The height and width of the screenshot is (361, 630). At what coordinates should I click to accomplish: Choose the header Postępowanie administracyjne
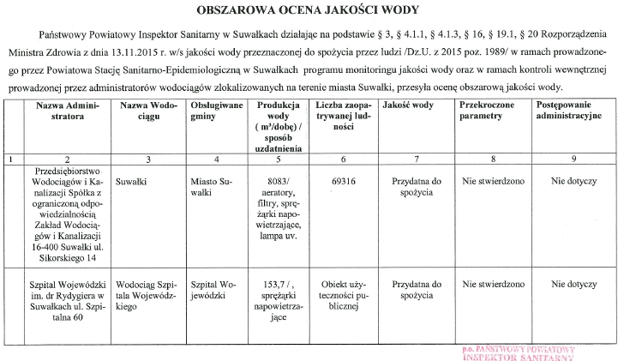click(x=573, y=109)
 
